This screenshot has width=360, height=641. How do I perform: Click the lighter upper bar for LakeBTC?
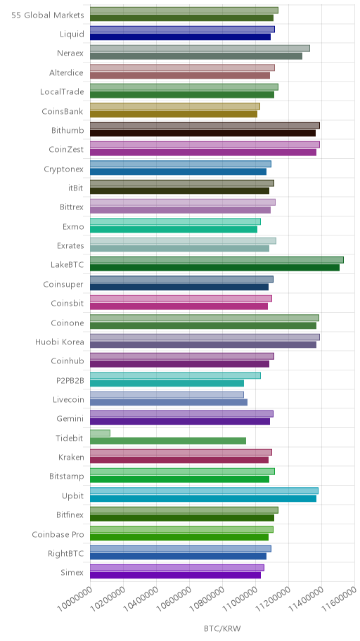(217, 260)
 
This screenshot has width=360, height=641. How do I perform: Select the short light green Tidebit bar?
(101, 433)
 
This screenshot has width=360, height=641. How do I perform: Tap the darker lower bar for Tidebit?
(168, 441)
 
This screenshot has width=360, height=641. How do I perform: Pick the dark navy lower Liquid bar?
(181, 37)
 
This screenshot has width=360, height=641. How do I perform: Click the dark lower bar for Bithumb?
(203, 133)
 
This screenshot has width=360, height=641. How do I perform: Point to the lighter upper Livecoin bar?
(167, 394)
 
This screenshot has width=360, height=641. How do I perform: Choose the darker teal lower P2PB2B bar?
(167, 383)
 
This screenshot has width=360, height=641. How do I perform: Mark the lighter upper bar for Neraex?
(200, 48)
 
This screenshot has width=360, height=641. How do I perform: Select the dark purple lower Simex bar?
(176, 575)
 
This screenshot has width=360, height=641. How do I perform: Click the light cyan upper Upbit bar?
(204, 491)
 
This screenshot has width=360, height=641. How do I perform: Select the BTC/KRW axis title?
(222, 628)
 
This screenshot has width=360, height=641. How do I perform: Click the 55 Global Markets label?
(47, 15)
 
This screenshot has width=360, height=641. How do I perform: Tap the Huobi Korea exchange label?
(59, 342)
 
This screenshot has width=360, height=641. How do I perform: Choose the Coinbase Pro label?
(58, 534)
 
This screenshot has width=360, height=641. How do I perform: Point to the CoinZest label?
(66, 150)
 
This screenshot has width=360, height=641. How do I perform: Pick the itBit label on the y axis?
(76, 188)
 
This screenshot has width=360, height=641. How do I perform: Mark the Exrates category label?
(70, 246)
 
